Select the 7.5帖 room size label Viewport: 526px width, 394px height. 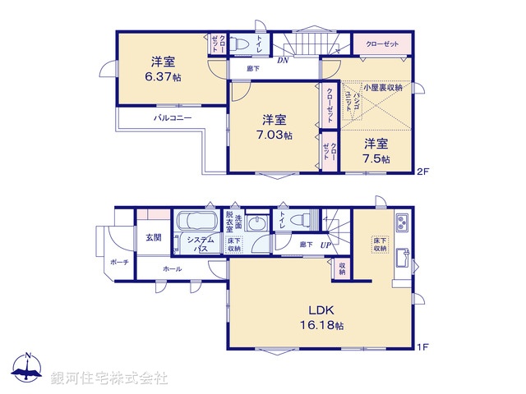click(x=376, y=158)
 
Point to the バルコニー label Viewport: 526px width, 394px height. click(x=173, y=118)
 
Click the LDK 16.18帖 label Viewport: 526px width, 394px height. click(x=326, y=318)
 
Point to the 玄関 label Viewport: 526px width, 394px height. click(x=154, y=237)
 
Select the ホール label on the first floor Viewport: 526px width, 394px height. click(x=173, y=269)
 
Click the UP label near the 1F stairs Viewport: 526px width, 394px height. click(x=325, y=245)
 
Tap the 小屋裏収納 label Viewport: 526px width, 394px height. click(x=382, y=86)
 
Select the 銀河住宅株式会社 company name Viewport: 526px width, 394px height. click(x=109, y=378)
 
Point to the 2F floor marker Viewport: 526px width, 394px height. click(x=422, y=172)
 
